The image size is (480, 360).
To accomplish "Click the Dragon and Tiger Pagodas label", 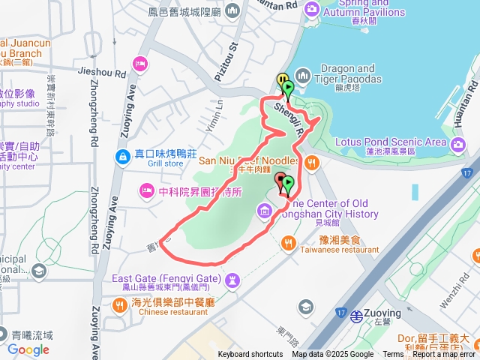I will [x=347, y=73].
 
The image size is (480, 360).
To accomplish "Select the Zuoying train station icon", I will [x=358, y=316].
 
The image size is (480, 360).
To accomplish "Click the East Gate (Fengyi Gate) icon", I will [x=232, y=280].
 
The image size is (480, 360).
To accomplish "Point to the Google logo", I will [x=28, y=349].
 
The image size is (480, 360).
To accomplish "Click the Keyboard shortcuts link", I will [x=250, y=355].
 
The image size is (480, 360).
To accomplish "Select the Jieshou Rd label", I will [x=102, y=73].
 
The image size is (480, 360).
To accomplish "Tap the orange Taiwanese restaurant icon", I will [x=289, y=241].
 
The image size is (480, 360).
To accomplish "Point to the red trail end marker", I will [x=282, y=180].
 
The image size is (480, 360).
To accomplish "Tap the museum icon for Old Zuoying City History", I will [x=262, y=213].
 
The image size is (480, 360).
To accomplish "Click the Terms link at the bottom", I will [x=393, y=355].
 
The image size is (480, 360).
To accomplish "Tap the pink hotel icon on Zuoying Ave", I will [x=139, y=63].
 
